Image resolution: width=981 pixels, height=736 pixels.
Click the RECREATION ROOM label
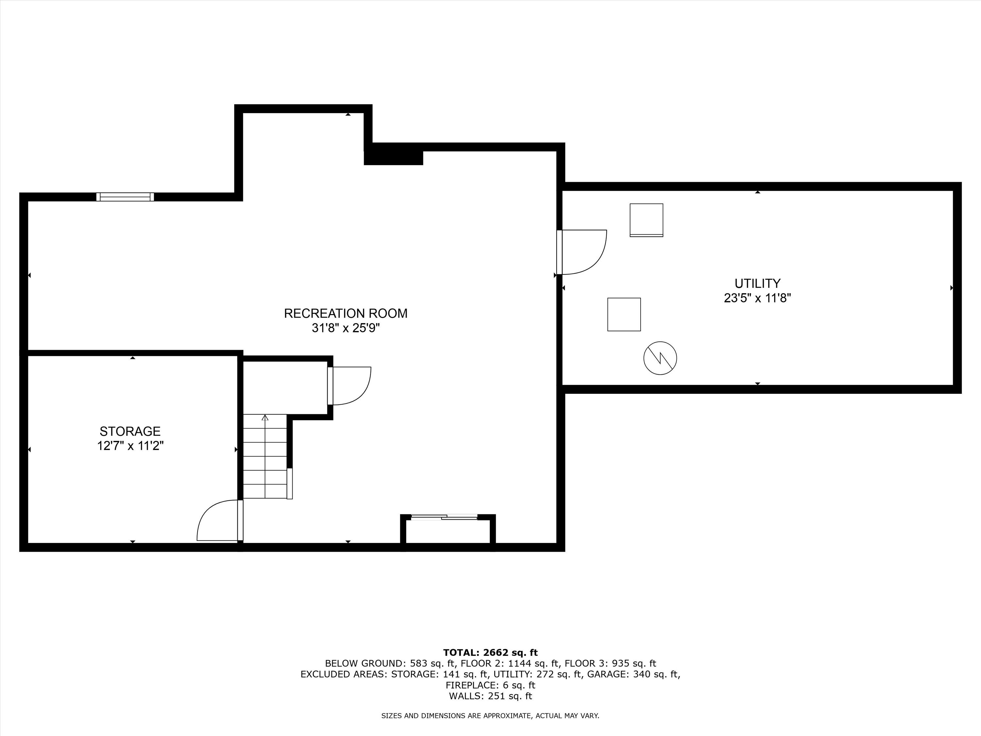pos(346,313)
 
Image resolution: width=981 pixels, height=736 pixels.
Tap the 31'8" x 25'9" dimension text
pos(346,328)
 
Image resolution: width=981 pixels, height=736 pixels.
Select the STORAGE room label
pos(130,431)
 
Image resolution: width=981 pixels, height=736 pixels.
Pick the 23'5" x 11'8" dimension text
pos(757,298)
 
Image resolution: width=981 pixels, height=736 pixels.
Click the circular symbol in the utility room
pos(660,358)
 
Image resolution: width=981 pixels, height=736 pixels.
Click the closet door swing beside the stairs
pos(350,386)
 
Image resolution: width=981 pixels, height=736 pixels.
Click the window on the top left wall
pos(125,197)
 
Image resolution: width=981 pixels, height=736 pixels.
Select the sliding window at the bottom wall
pos(444,517)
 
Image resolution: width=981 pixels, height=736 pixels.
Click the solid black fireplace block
pos(393,157)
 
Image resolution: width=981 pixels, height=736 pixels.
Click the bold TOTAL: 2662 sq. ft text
pos(490,652)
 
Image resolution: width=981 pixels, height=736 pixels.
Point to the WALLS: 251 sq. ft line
pos(490,696)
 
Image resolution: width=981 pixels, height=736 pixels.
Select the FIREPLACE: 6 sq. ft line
pos(490,685)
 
